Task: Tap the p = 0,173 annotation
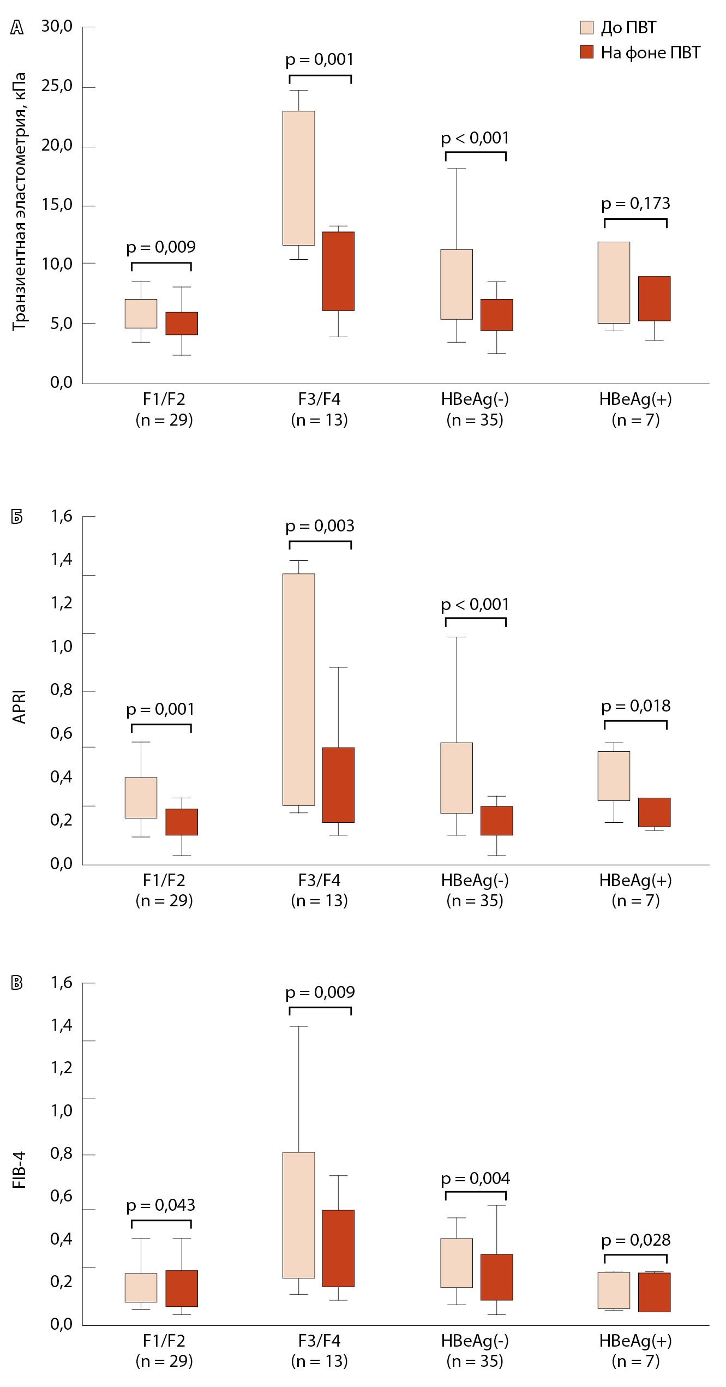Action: [635, 204]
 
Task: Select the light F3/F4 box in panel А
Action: [298, 178]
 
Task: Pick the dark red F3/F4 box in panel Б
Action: [338, 785]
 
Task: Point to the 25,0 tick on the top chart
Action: [57, 86]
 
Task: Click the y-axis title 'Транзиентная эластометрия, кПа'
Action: [19, 201]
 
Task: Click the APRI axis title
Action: [19, 707]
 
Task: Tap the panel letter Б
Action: [17, 517]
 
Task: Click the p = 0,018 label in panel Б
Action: [635, 706]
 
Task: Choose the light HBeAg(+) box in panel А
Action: [614, 282]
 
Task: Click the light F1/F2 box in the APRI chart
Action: [141, 797]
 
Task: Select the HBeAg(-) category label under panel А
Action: [475, 409]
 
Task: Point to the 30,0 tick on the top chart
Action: [57, 26]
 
